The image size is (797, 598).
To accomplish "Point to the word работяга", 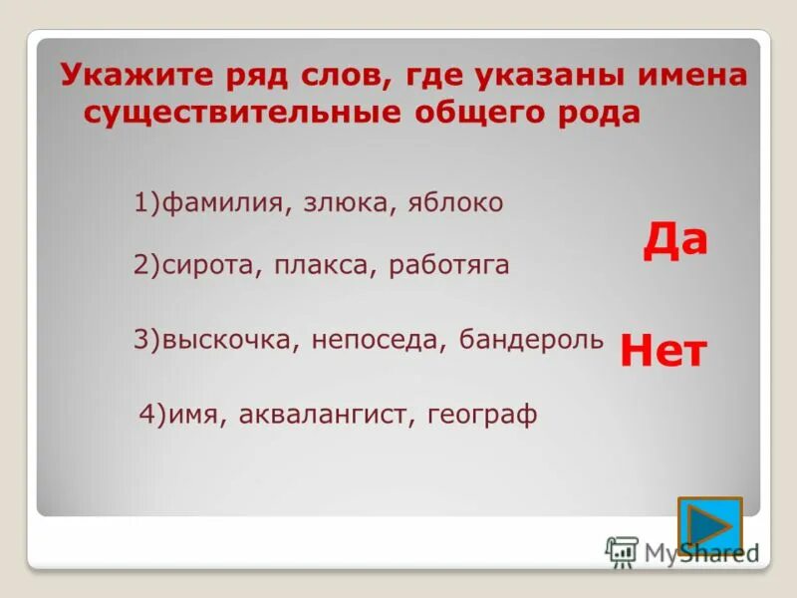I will tap(449, 265).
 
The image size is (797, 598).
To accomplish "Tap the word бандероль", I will tap(531, 340).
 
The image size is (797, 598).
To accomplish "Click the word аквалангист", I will tap(325, 415).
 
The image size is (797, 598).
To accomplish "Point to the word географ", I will tap(482, 415).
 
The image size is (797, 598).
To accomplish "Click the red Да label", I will tap(674, 240).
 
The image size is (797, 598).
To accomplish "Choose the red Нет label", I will tap(664, 351).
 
